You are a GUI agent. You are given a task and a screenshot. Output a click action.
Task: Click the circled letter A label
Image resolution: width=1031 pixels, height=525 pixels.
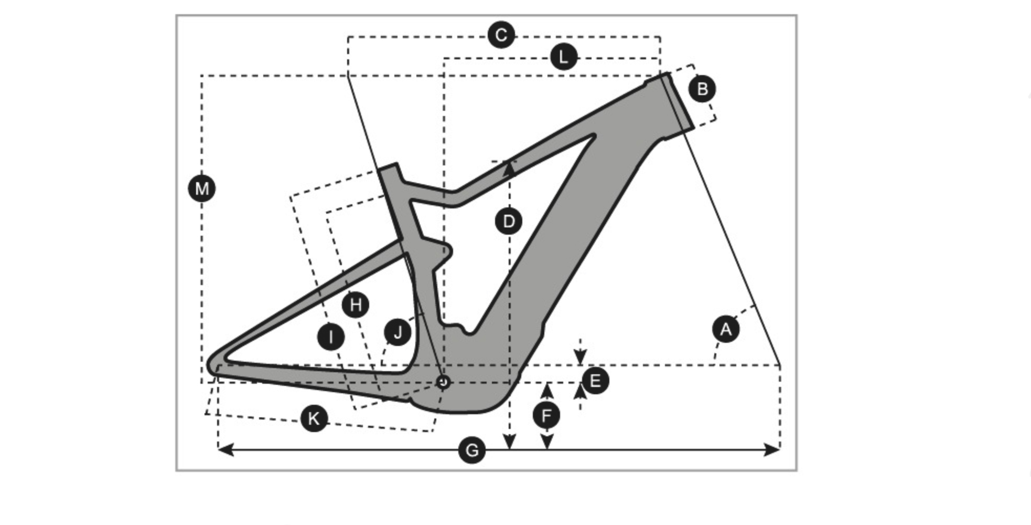click(x=726, y=330)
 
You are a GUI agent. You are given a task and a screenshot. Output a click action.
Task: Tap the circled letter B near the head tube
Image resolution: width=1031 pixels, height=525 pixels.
click(x=702, y=89)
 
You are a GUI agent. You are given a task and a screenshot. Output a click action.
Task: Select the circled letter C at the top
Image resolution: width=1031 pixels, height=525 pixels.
click(x=501, y=35)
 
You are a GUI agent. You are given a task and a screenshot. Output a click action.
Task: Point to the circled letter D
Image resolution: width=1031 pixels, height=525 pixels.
click(x=508, y=222)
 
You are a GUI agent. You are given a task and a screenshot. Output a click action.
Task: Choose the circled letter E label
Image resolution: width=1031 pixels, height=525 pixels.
click(x=595, y=381)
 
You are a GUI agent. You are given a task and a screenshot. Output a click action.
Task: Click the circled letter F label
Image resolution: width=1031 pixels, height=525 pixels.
click(x=546, y=416)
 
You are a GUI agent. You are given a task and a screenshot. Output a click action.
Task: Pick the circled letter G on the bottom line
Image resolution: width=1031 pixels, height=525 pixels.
click(x=471, y=450)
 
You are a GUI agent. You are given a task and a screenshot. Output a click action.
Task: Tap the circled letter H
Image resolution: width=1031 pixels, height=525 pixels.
click(x=356, y=304)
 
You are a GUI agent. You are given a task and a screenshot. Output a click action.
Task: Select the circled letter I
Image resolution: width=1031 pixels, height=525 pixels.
click(x=331, y=337)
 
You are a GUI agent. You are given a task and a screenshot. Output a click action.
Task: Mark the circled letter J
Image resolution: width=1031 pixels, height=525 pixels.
click(x=398, y=332)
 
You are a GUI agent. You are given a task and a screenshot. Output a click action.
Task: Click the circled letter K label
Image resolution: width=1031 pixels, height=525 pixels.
click(x=314, y=419)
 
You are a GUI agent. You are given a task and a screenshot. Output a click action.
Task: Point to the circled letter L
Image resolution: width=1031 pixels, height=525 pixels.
click(x=564, y=57)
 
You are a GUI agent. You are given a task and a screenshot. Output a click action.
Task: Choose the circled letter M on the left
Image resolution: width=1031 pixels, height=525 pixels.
click(x=202, y=188)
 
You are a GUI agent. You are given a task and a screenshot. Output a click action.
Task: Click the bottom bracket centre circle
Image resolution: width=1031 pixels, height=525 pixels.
click(x=444, y=382)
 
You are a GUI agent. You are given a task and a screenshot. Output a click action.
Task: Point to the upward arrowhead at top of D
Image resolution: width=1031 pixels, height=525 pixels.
click(x=509, y=167)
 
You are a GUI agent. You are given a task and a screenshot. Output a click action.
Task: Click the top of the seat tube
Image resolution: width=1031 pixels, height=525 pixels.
click(x=388, y=169)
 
